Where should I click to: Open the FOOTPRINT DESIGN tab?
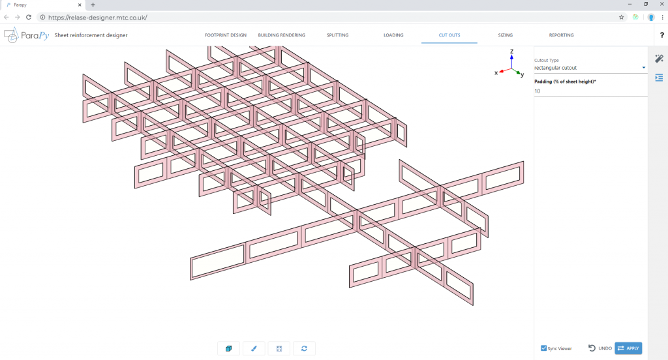pos(226,35)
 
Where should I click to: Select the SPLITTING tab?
pos(337,35)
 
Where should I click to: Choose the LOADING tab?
pos(393,35)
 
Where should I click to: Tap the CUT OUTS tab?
pos(449,35)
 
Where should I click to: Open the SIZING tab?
pos(505,35)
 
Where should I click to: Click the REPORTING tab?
pos(561,35)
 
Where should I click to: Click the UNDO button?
pos(600,348)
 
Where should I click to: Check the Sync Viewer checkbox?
pos(544,348)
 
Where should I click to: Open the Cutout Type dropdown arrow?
pos(643,67)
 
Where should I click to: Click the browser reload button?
pos(29,17)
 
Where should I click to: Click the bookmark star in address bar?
pos(621,17)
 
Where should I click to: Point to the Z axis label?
pos(512,51)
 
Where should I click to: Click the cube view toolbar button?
pos(228,349)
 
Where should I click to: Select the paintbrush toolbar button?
pos(254,349)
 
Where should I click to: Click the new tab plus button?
pos(93,5)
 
